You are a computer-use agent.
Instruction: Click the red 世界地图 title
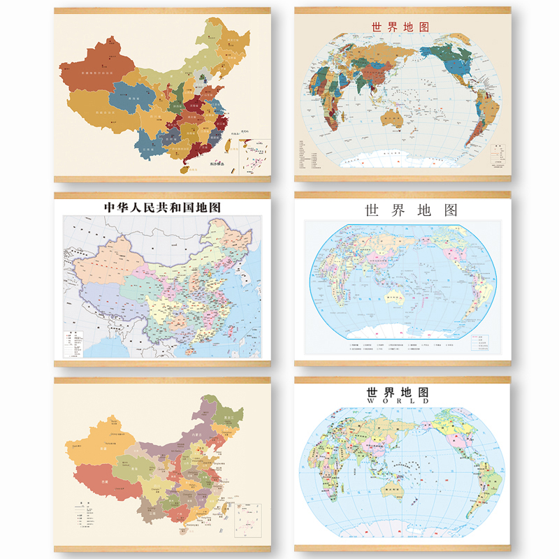pos(400,27)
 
